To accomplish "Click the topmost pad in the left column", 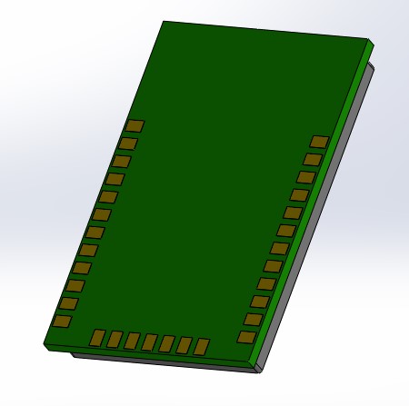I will tap(135, 125).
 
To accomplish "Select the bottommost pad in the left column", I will tap(62, 322).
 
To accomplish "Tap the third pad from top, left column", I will tap(122, 161).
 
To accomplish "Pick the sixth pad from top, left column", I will tap(102, 214).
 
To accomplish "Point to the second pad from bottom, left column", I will tap(69, 303).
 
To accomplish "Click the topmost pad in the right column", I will tap(319, 141).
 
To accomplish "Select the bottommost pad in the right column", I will tap(245, 337).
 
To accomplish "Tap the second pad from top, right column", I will tap(313, 159).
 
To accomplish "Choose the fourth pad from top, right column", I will tap(299, 194).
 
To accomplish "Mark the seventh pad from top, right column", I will tap(279, 248).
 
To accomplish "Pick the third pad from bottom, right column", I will tap(260, 302).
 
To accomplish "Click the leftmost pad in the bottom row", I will tap(97, 338).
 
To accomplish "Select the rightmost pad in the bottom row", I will tap(202, 346).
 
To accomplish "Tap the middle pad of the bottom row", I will tap(149, 342).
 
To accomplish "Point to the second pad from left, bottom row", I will tap(115, 340).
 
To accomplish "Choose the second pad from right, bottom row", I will tap(185, 345).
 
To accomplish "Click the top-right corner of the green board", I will tap(368, 40).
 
